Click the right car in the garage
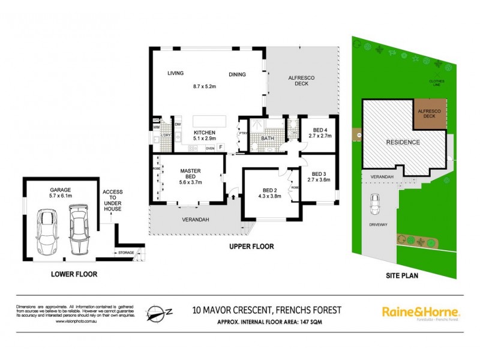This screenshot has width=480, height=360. click(x=79, y=229)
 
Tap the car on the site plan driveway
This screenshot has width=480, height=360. click(x=375, y=204)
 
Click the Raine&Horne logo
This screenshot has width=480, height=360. click(x=421, y=312)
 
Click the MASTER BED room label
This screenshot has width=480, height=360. click(x=190, y=174)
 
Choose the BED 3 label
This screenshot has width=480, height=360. click(x=319, y=172)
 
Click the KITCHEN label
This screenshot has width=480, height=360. click(x=203, y=133)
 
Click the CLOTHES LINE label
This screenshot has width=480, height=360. click(x=436, y=83)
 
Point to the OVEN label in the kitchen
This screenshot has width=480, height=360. click(x=210, y=148)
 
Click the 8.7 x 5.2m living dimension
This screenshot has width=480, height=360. click(x=205, y=86)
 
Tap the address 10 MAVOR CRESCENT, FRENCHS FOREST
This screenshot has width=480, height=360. click(x=266, y=310)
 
